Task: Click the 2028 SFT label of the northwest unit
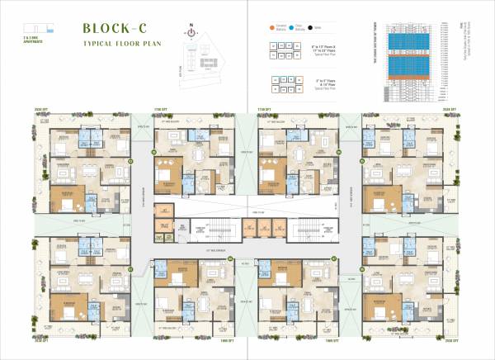click(43, 108)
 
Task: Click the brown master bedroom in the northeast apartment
click(386, 198)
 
